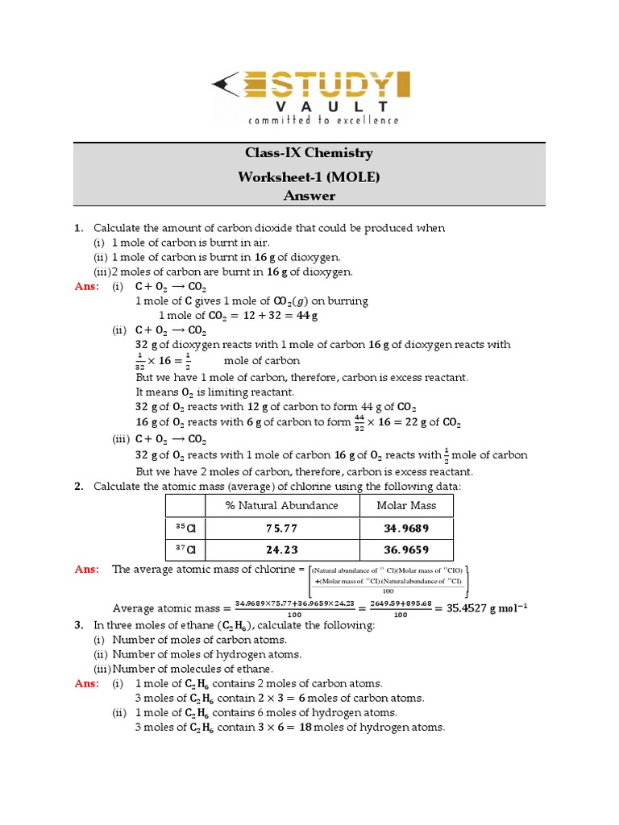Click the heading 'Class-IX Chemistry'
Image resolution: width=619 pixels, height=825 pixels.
(309, 153)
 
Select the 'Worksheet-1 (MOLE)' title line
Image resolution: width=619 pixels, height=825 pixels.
(309, 175)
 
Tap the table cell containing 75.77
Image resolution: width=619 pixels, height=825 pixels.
(281, 528)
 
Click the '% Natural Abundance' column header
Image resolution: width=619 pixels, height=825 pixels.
(281, 506)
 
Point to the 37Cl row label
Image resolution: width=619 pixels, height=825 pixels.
(185, 549)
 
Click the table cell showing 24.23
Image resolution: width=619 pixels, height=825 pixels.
(281, 549)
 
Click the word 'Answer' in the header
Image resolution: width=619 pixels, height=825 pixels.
(309, 196)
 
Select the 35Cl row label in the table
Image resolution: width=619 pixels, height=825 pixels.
(185, 528)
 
